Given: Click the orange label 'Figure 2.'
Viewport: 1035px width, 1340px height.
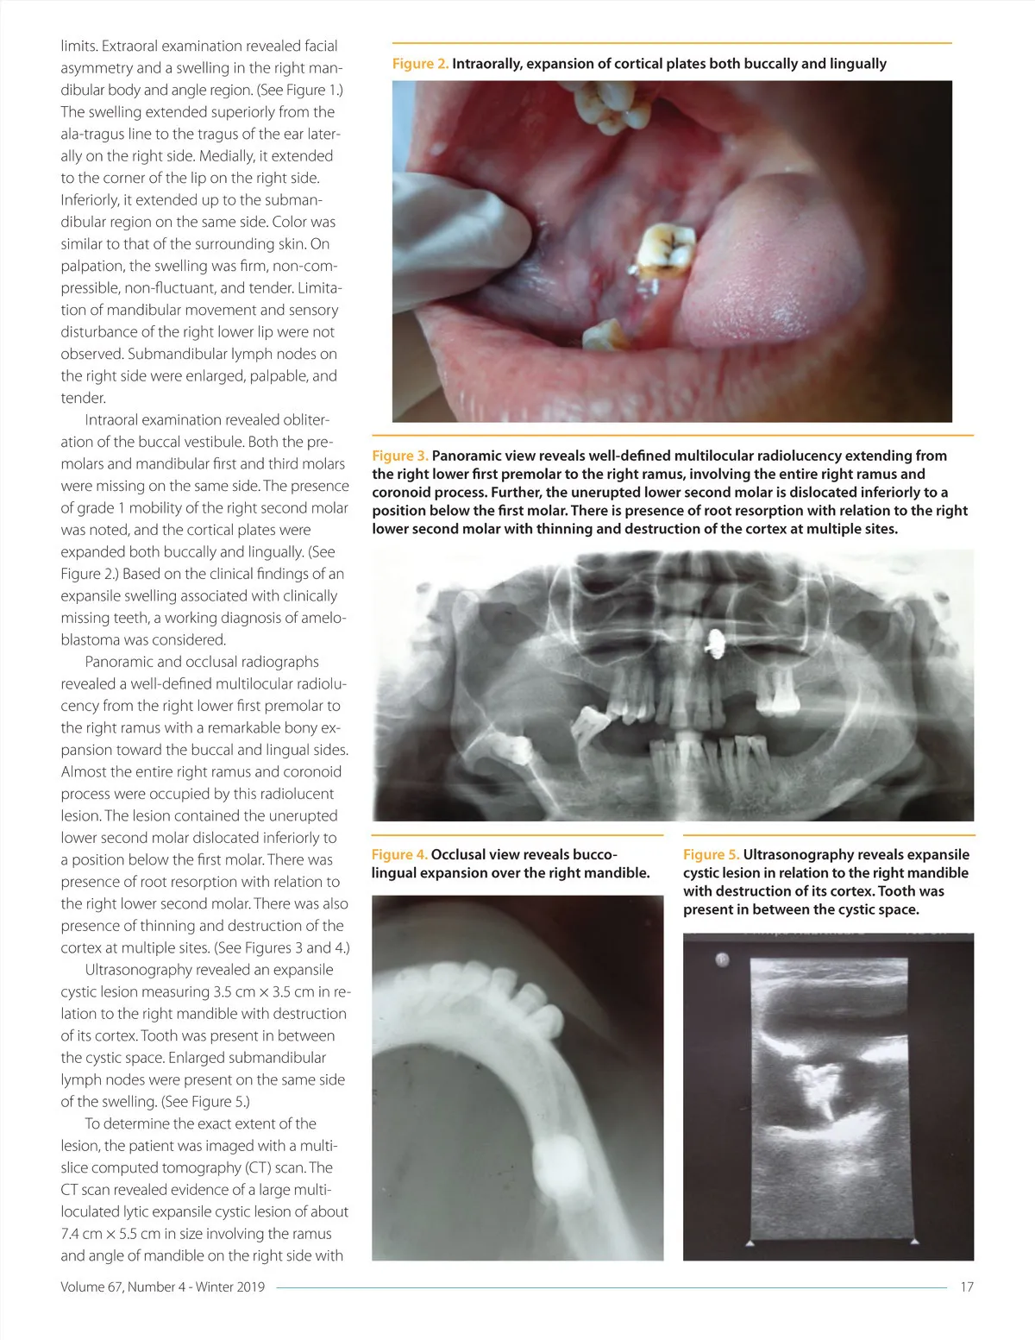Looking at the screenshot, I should coord(420,64).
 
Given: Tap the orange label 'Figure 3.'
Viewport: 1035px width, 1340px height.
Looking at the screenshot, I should coord(399,456).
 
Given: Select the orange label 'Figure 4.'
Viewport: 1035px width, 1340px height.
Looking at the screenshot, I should coord(398,854).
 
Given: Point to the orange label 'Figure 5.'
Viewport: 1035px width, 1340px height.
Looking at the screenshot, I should coord(711,854).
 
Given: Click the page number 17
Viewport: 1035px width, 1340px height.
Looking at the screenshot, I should coord(967,1287).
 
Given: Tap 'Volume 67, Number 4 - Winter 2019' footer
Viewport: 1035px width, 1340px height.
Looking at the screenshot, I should coord(163,1287).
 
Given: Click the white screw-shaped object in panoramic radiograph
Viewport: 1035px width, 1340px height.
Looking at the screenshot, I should coord(715,642).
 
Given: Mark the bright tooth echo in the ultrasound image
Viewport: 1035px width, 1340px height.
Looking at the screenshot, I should coord(815,1087).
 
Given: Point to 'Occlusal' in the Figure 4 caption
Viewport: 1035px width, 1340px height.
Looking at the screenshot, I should coord(460,854).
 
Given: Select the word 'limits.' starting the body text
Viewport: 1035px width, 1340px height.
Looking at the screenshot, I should coord(78,46).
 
